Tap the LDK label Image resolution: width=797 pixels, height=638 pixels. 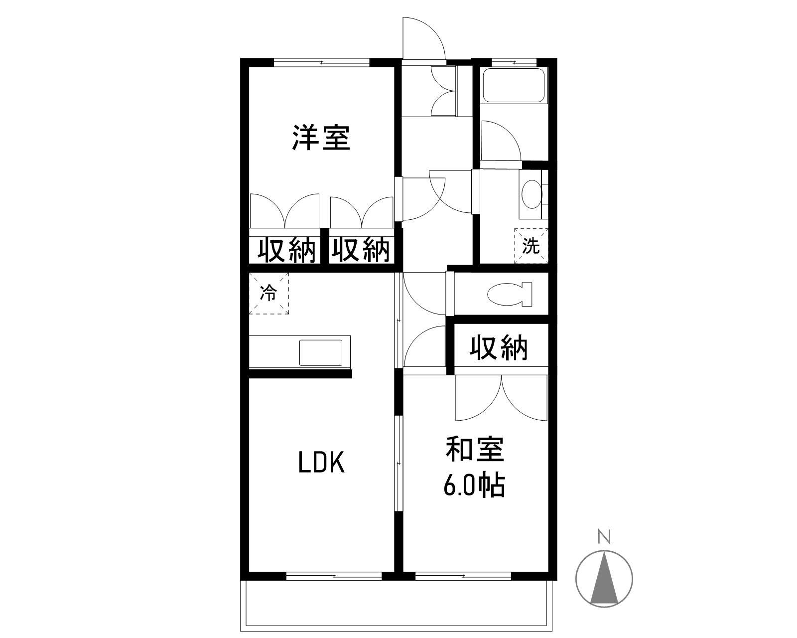tap(321, 463)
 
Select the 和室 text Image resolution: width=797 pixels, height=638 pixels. tap(474, 450)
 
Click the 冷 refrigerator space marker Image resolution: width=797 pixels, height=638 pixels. tap(268, 294)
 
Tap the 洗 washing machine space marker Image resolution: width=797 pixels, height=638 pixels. tap(531, 246)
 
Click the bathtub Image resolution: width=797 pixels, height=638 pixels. tap(514, 85)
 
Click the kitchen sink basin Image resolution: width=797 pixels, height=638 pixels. tap(321, 352)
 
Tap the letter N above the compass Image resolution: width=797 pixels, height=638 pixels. tap(604, 537)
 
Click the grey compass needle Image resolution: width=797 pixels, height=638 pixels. tap(604, 578)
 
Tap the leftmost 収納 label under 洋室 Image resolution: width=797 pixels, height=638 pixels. tap(287, 250)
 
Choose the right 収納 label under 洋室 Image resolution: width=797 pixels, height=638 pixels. tap(361, 250)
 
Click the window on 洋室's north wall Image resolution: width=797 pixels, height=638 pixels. tap(322, 62)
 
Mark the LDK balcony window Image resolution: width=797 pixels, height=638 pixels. tap(334, 576)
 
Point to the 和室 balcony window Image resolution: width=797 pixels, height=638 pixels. tap(463, 576)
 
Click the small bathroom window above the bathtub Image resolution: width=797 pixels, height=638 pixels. tap(514, 62)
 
